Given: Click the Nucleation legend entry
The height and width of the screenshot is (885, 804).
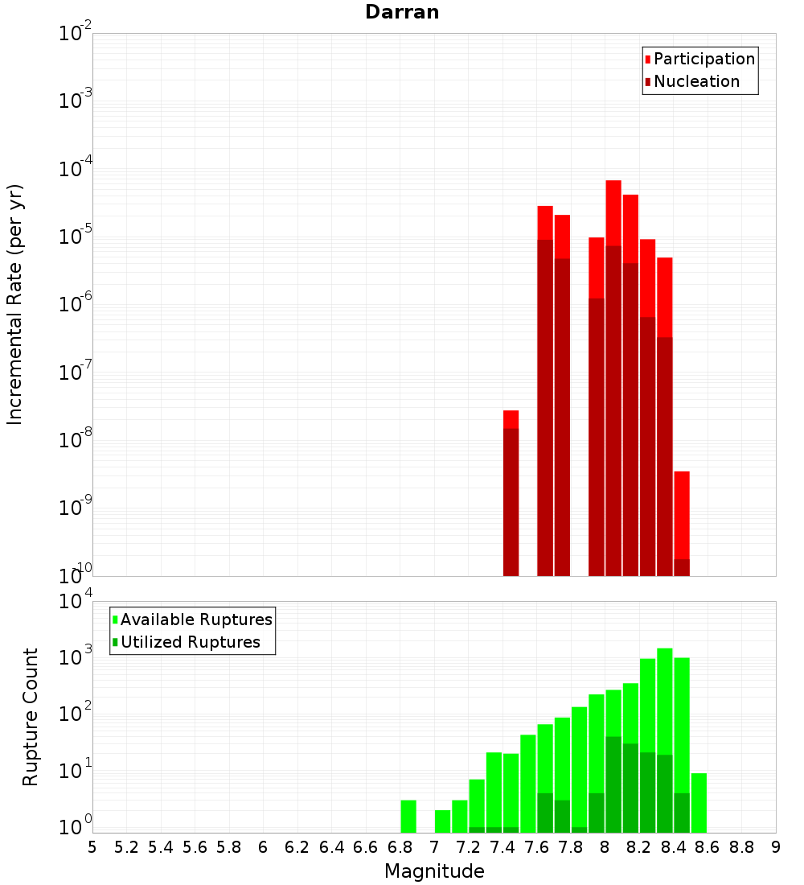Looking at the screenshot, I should click(696, 81).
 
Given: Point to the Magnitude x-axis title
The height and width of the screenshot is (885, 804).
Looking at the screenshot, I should click(434, 871).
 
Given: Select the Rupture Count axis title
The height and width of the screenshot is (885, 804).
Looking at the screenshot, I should click(31, 717).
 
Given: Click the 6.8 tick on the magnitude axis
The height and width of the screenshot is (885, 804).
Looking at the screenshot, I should click(400, 846).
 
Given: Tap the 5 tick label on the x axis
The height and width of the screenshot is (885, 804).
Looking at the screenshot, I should click(92, 846).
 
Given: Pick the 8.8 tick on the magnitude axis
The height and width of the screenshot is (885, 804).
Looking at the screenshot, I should click(741, 846).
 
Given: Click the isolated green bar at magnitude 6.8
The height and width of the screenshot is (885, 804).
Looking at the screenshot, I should click(408, 816).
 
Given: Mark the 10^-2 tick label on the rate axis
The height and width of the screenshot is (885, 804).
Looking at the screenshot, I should click(76, 34).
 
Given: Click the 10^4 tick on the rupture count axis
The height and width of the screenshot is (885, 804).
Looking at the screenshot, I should click(76, 601).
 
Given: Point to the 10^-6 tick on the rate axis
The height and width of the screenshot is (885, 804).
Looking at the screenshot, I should click(76, 304).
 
